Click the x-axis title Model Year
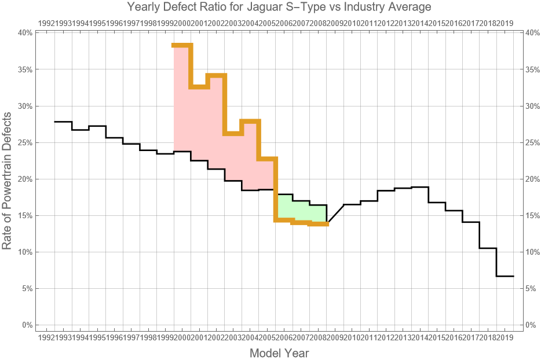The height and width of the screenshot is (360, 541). tap(279, 353)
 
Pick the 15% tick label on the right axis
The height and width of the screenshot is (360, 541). tap(533, 216)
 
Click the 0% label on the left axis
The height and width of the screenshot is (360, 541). tap(26, 325)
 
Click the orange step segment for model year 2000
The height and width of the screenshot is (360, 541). tap(182, 45)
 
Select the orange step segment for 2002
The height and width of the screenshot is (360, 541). tap(216, 75)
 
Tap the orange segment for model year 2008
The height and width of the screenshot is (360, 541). tap(318, 223)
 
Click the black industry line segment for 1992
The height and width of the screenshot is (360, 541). tap(63, 122)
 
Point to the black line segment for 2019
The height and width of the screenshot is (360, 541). tap(505, 276)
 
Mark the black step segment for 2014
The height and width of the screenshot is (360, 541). tap(420, 187)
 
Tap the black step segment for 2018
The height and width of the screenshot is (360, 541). tap(488, 248)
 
